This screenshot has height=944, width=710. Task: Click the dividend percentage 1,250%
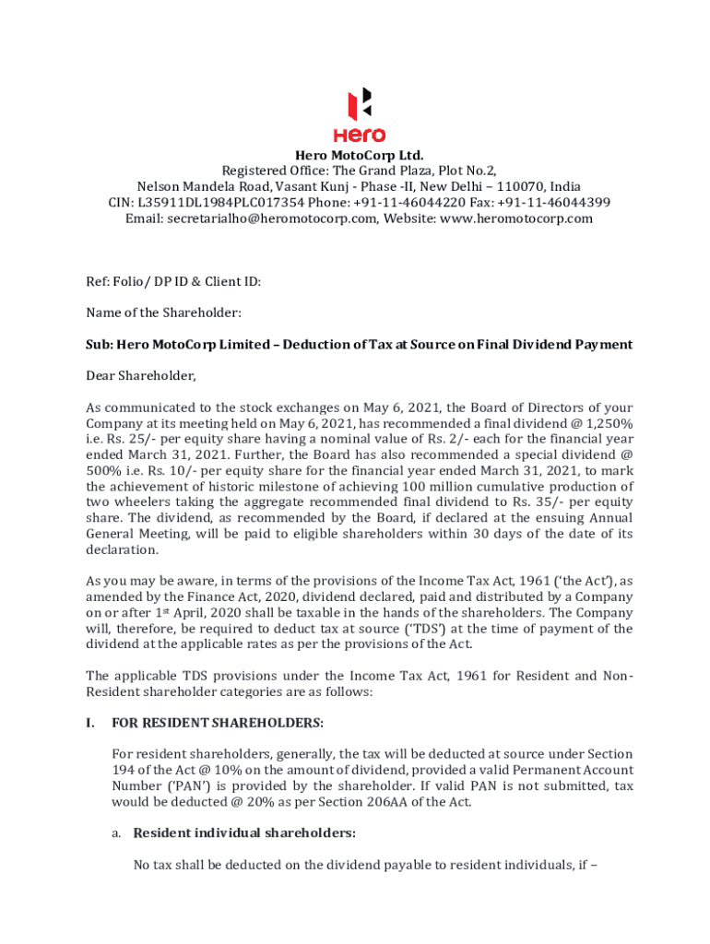click(605, 423)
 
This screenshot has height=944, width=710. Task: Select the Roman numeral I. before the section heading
click(91, 723)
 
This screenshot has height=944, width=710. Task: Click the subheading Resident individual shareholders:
click(244, 833)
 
